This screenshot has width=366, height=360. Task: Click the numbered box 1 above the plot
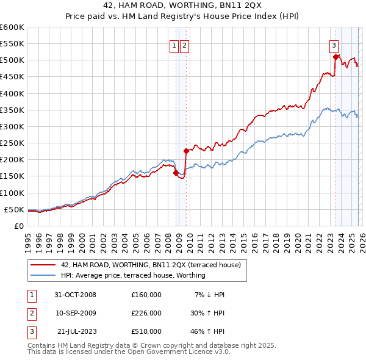tap(174, 45)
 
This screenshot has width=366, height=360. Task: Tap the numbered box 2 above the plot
tap(184, 45)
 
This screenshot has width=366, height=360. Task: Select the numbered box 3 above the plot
tap(334, 45)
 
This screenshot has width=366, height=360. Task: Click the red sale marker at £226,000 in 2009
tap(186, 151)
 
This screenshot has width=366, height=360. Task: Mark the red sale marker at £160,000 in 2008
tap(176, 173)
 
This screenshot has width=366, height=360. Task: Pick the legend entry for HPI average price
tap(133, 275)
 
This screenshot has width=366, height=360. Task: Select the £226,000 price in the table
tap(146, 313)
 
